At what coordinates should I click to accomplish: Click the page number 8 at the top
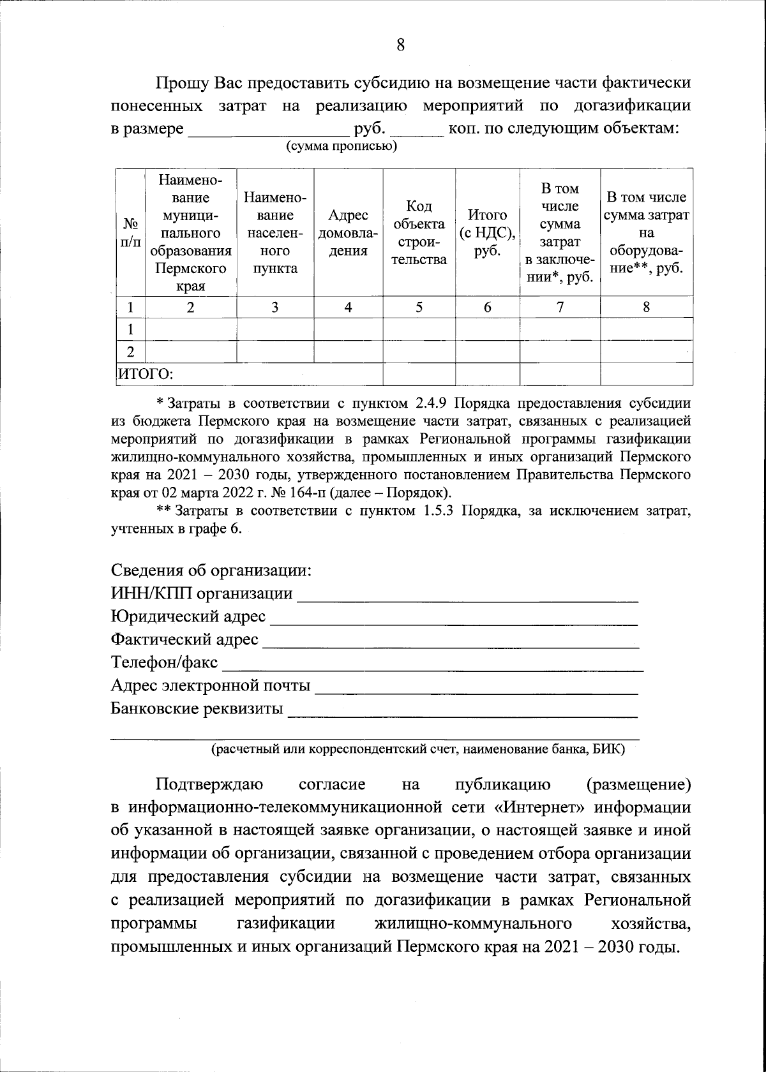pos(400,45)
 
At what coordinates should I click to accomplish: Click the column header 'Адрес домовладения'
pos(348,233)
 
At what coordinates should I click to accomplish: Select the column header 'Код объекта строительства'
pos(419,233)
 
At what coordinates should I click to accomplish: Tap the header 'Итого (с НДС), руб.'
pos(487,233)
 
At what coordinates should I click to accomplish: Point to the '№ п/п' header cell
pos(130,233)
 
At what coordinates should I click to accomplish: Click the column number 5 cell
pos(419,307)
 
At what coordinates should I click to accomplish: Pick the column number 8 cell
pos(646,307)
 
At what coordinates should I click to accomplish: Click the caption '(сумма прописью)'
pos(341,147)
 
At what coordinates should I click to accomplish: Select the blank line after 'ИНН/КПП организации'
pos(468,597)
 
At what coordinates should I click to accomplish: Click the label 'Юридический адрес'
pos(188,617)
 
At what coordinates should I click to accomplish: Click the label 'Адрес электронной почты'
pos(211,686)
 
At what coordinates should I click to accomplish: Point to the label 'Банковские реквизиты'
pos(197,709)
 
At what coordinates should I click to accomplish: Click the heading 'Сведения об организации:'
pos(211,570)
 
